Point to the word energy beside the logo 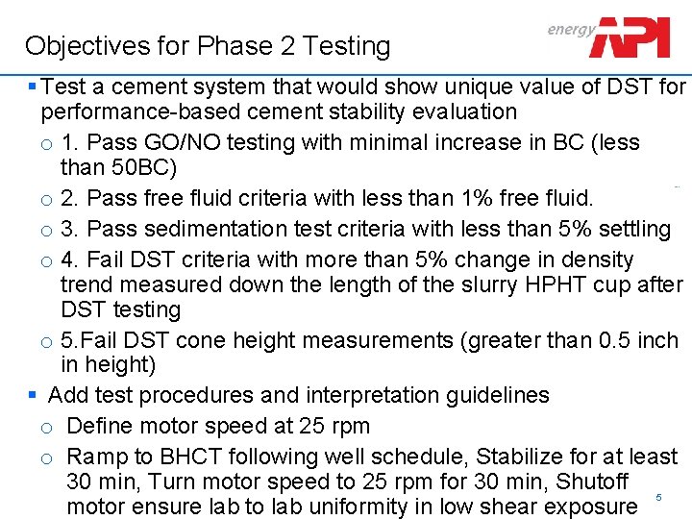coord(571,29)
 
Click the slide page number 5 coord(658,497)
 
